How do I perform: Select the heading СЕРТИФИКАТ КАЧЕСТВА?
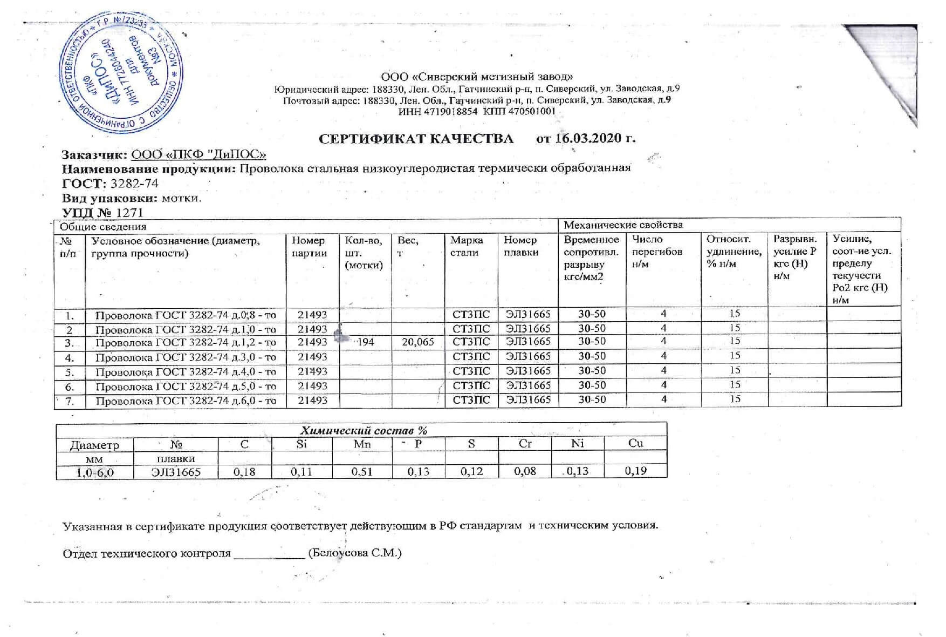point(416,139)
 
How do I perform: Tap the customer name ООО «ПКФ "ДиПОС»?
point(199,154)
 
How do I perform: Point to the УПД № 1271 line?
point(103,212)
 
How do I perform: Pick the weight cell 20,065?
point(418,342)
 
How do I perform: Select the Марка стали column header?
point(467,246)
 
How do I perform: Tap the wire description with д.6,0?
point(186,401)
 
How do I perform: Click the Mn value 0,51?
point(362,471)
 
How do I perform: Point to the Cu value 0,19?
point(635,471)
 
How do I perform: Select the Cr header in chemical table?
point(525,444)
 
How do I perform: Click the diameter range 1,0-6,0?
point(94,472)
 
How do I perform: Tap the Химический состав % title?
point(363,430)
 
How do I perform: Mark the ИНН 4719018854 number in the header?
point(437,112)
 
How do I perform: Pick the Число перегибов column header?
point(657,252)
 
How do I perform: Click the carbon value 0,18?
point(244,471)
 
